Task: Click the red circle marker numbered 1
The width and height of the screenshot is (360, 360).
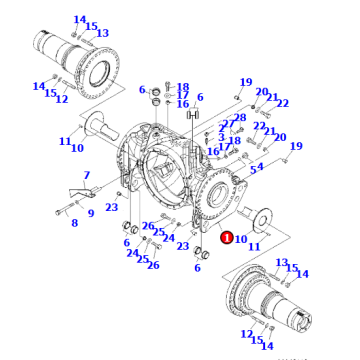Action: (227, 238)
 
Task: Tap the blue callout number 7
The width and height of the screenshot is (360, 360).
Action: (86, 176)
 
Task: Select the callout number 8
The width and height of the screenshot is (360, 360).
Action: (73, 222)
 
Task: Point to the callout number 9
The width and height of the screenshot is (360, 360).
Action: (91, 212)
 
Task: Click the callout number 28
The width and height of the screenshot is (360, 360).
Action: (240, 118)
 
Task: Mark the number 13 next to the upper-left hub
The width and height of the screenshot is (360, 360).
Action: (103, 33)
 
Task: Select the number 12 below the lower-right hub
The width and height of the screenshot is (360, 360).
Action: (247, 334)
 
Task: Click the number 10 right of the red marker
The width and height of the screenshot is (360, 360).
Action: (241, 239)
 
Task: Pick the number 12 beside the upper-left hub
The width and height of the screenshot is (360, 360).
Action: (61, 99)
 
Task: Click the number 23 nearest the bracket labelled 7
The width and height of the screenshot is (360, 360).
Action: (112, 207)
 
